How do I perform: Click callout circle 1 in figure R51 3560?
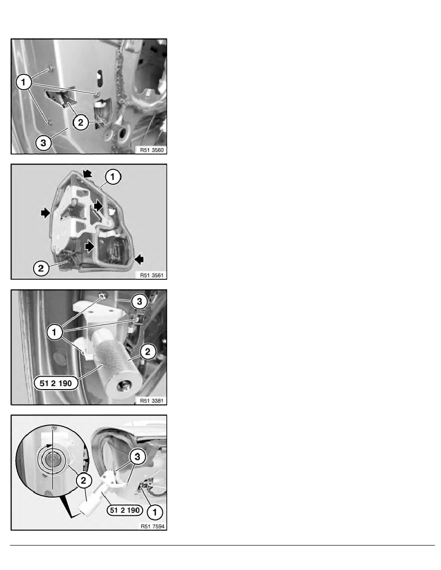point(24,82)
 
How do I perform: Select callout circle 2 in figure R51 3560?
point(80,122)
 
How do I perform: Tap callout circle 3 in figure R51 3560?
point(43,143)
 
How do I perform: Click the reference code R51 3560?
point(152,150)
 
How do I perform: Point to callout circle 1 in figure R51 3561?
point(113,177)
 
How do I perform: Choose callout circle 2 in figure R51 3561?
point(41,268)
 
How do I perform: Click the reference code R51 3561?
point(152,275)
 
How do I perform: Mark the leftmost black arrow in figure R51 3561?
point(46,213)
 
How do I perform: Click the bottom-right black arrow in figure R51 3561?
point(139,259)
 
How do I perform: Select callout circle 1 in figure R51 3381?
point(55,332)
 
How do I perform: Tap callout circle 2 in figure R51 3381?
point(147,352)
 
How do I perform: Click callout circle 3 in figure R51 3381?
point(139,301)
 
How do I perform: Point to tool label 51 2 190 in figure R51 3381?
point(56,383)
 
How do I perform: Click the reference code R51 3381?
point(152,401)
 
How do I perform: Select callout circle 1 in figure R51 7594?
point(155,512)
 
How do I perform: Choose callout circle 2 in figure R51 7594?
point(84,481)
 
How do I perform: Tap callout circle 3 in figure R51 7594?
point(137,456)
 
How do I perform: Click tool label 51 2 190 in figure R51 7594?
point(124,511)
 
